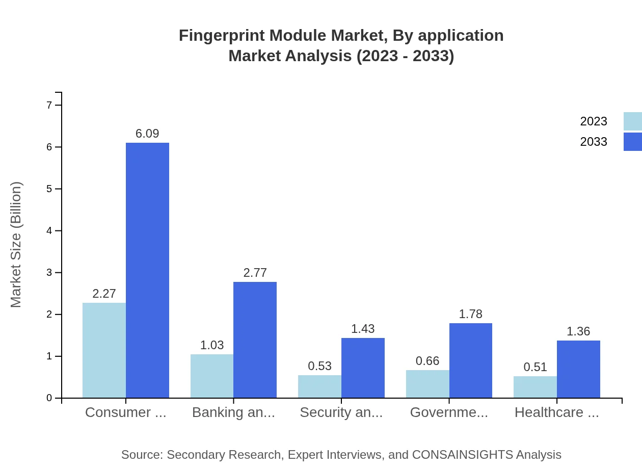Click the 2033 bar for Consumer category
click(x=147, y=270)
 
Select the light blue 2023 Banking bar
click(x=212, y=376)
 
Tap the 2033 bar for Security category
click(x=363, y=368)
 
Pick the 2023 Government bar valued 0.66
click(x=427, y=384)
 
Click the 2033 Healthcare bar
click(x=578, y=369)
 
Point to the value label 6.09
click(x=147, y=134)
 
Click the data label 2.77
click(x=255, y=273)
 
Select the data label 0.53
click(x=319, y=366)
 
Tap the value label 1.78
click(x=470, y=314)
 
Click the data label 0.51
click(x=535, y=367)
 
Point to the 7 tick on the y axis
click(x=49, y=105)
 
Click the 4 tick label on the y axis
click(x=49, y=230)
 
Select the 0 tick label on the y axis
click(x=49, y=398)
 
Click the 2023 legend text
click(x=594, y=121)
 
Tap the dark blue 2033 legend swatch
click(x=632, y=142)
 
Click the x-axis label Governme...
click(x=449, y=412)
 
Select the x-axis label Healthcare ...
click(x=556, y=412)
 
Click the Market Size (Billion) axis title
click(x=16, y=245)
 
